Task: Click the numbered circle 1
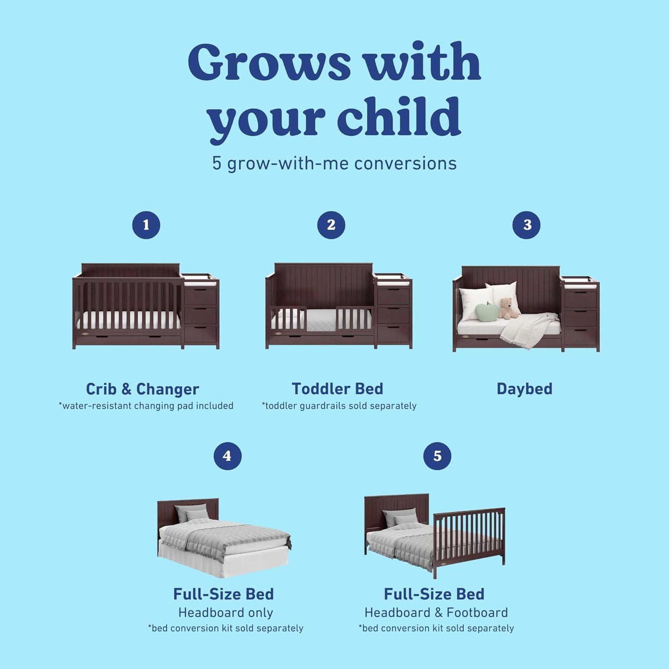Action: click(x=146, y=225)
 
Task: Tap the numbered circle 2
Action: click(x=331, y=225)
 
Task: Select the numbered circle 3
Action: click(x=527, y=225)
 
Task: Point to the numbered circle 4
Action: click(x=227, y=456)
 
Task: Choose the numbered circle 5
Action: click(x=437, y=456)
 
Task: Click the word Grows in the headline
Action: click(x=268, y=62)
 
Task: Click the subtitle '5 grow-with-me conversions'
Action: click(x=334, y=163)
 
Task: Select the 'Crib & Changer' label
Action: click(x=142, y=389)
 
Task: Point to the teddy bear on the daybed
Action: click(x=506, y=308)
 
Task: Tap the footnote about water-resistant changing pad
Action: click(x=146, y=406)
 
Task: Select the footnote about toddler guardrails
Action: click(x=339, y=406)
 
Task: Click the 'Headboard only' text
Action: click(x=226, y=613)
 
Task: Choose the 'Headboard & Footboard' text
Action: click(x=436, y=613)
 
